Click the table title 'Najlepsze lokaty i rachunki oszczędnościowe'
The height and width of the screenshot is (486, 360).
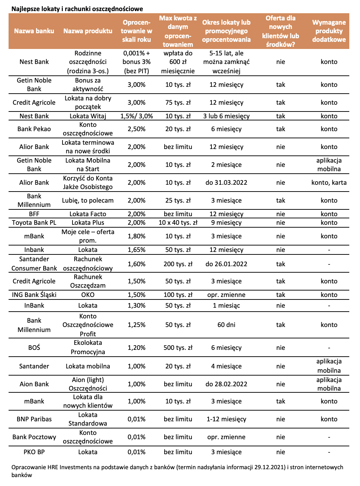tap(77, 9)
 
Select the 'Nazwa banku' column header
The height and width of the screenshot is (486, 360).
tap(34, 31)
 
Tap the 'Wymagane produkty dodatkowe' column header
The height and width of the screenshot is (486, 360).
tap(329, 31)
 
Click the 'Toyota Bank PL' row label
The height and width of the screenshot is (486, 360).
tap(34, 223)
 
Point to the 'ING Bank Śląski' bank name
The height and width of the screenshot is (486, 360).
tap(34, 295)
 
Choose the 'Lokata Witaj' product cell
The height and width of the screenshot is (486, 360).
tap(88, 116)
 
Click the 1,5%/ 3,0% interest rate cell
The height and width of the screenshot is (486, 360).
tap(136, 116)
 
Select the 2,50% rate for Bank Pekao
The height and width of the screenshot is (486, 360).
tap(136, 129)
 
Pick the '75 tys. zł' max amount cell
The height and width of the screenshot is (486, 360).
tap(178, 103)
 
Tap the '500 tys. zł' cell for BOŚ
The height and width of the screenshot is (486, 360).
tap(178, 348)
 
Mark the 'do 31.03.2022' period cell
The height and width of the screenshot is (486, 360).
tap(226, 183)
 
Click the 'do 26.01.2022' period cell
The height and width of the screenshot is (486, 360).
tap(226, 264)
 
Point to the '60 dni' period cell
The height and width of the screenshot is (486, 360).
tap(226, 325)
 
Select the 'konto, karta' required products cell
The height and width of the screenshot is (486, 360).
tap(329, 183)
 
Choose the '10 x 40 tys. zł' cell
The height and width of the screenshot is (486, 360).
tap(178, 223)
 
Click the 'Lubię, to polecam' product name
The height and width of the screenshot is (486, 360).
tap(88, 200)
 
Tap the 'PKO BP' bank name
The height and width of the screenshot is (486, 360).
tap(34, 452)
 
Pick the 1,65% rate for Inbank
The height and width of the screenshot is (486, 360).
tap(136, 250)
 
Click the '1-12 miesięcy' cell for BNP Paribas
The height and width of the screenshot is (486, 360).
tap(226, 419)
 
